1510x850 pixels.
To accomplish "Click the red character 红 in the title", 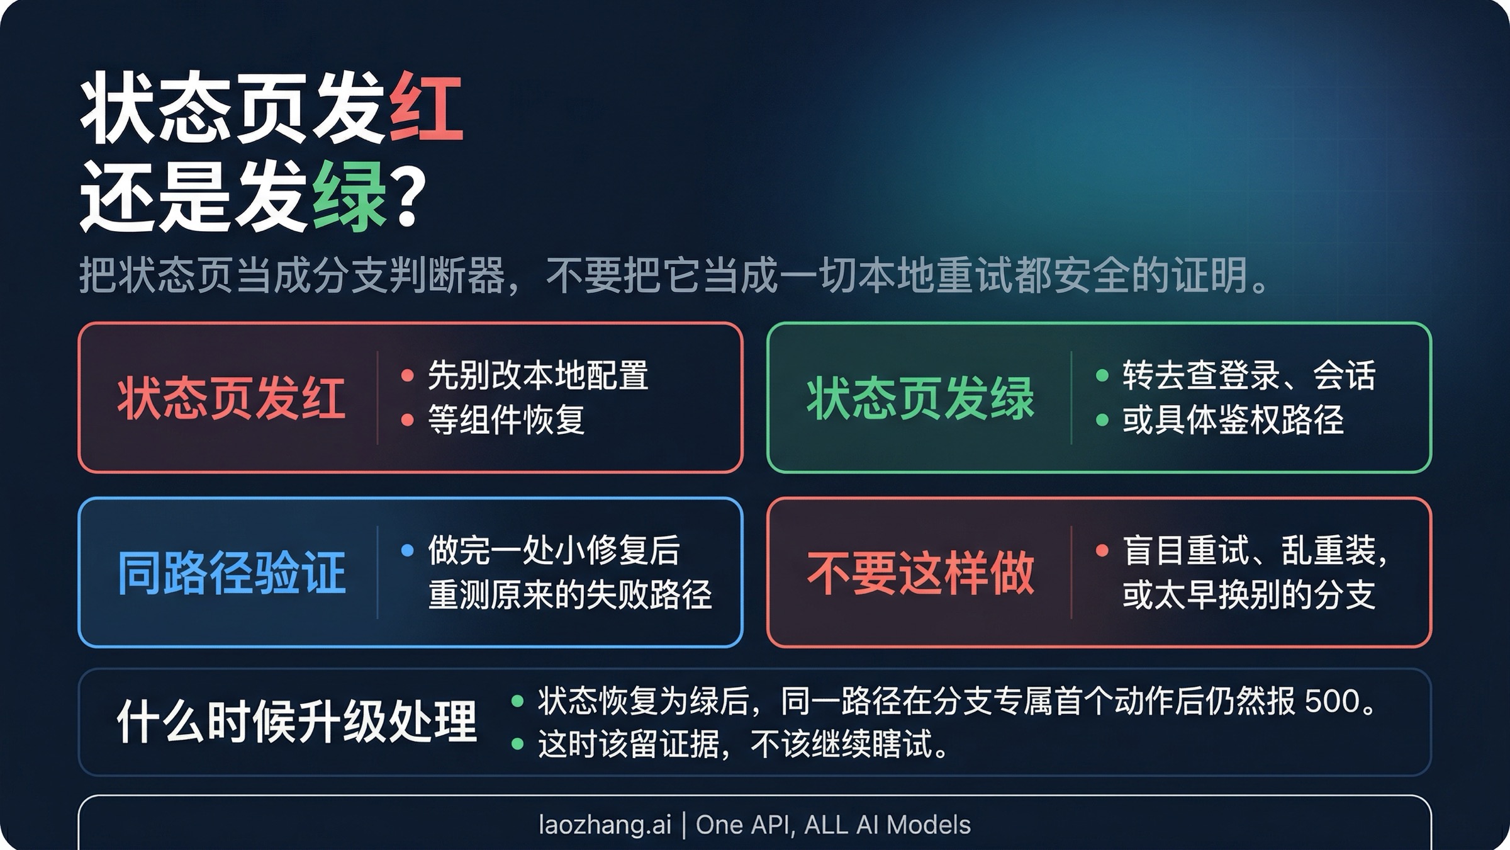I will [x=427, y=107].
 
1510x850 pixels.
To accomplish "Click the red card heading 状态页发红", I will [x=231, y=399].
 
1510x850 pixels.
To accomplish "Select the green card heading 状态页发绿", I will [x=920, y=399].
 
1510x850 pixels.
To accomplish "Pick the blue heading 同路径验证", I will [x=231, y=573].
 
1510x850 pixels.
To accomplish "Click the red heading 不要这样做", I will [x=920, y=573].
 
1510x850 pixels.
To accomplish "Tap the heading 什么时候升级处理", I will [x=296, y=722].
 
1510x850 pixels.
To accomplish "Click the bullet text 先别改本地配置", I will [x=538, y=376].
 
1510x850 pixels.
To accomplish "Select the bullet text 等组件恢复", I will [x=506, y=420].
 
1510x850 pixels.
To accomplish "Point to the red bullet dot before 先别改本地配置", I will [x=407, y=376].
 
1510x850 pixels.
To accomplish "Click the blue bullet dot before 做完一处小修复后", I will [x=407, y=550].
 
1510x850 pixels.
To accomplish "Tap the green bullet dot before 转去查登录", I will [x=1102, y=376].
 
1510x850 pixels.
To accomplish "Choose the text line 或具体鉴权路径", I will [x=1233, y=420].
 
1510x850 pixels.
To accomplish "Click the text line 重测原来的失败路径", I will [x=570, y=595].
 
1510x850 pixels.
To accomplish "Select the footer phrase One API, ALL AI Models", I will [x=833, y=825].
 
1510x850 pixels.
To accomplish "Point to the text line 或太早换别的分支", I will [x=1249, y=595].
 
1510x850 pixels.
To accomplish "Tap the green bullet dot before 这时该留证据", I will [x=517, y=744].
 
